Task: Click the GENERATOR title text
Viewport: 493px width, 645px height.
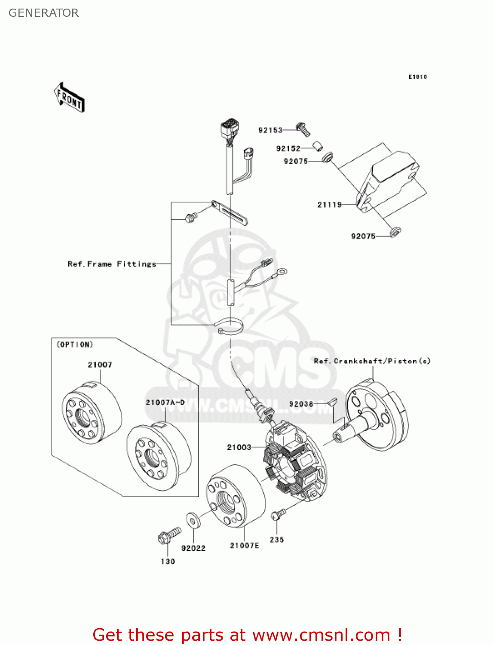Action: (x=43, y=13)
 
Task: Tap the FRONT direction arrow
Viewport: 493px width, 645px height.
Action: (x=69, y=98)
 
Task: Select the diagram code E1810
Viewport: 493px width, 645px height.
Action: (x=417, y=77)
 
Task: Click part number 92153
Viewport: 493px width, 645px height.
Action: (x=270, y=130)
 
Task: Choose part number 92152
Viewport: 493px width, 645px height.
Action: (x=288, y=148)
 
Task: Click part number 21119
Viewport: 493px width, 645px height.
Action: (x=329, y=205)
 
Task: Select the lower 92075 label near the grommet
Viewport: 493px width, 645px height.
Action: (x=363, y=236)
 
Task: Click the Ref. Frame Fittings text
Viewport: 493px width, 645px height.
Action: (x=112, y=264)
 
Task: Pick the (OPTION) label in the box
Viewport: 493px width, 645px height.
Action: (x=75, y=344)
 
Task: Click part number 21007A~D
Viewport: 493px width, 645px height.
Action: (x=165, y=402)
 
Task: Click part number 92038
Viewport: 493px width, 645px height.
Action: (x=301, y=404)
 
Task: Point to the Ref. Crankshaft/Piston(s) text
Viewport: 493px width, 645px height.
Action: (x=372, y=361)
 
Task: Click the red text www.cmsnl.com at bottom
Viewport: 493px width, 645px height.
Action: (x=321, y=635)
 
